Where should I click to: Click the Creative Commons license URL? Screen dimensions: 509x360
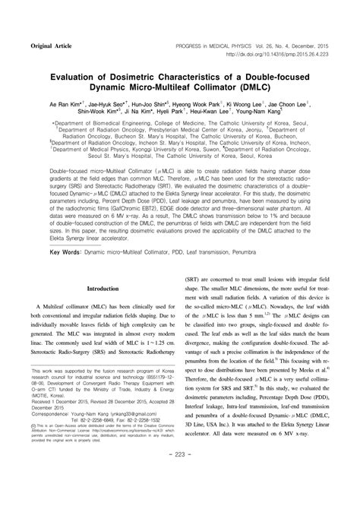click(x=129, y=451)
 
